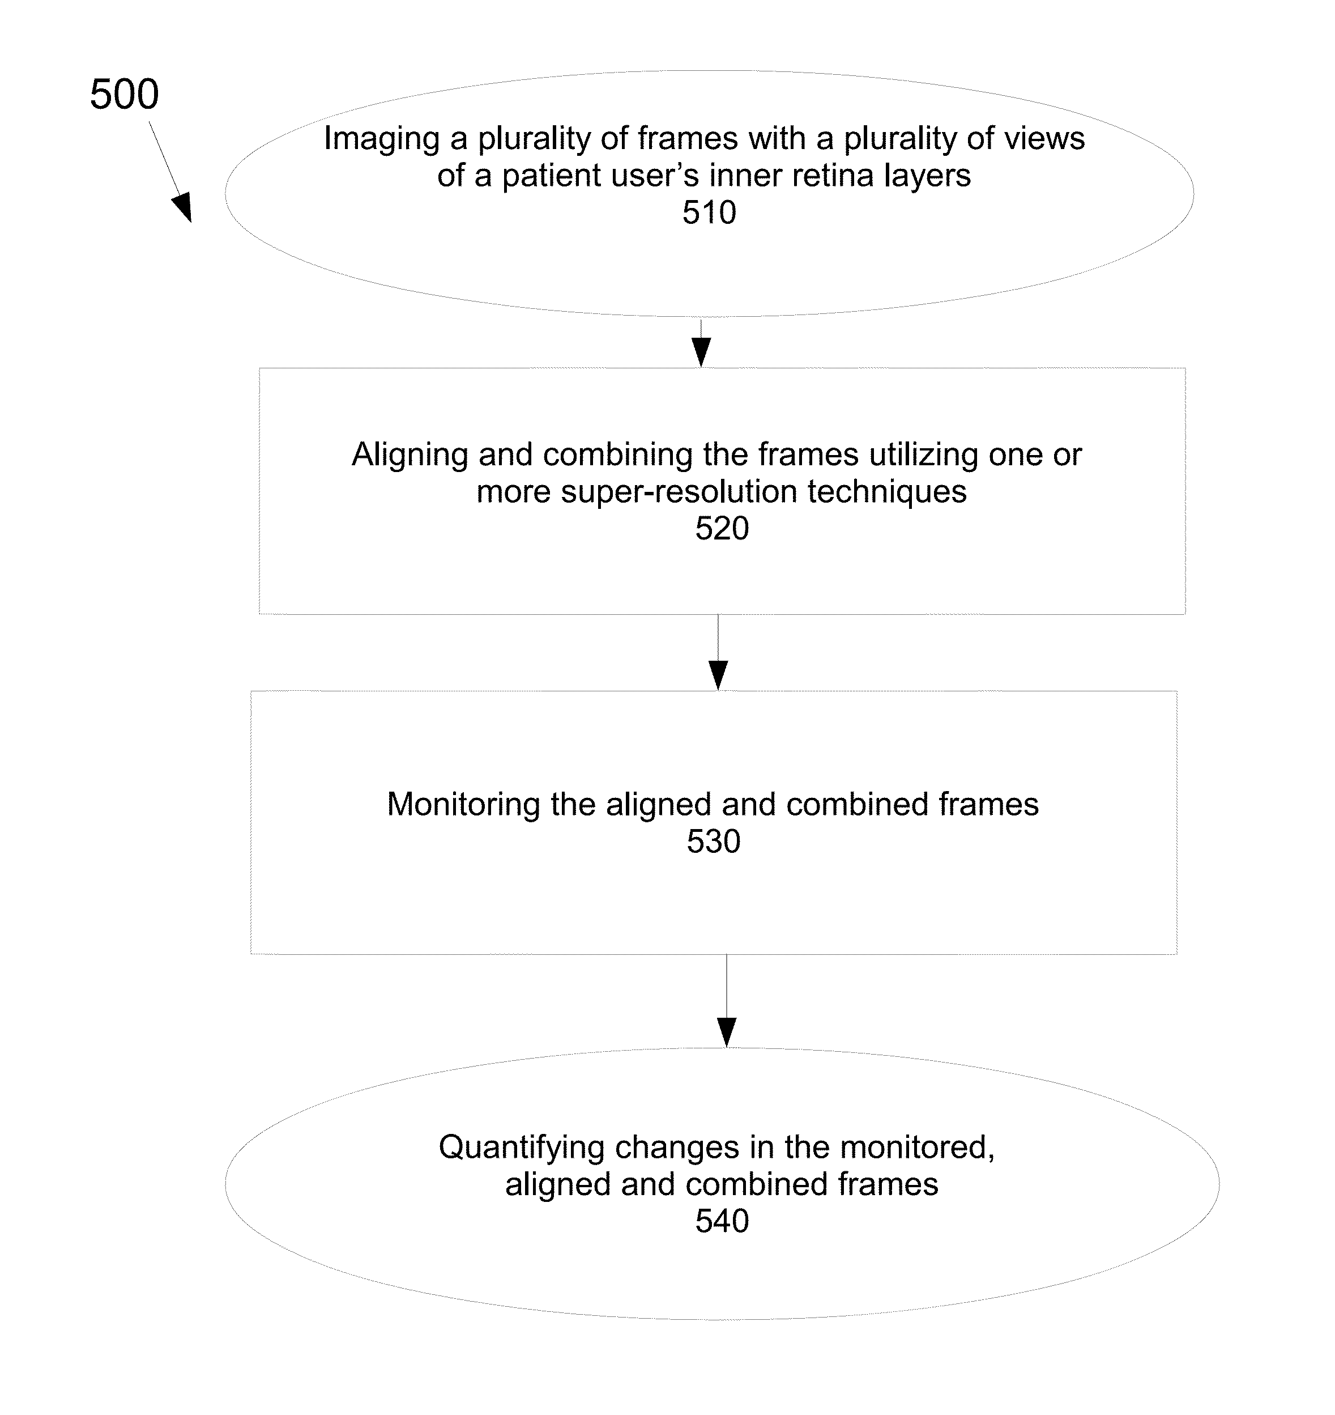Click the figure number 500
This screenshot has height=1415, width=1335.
[x=125, y=94]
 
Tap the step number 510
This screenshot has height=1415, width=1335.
[x=710, y=212]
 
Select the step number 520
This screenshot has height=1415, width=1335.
[x=722, y=528]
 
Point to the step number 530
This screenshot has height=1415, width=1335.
[x=714, y=842]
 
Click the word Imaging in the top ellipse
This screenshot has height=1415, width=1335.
[x=381, y=139]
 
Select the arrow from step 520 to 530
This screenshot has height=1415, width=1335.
[x=719, y=652]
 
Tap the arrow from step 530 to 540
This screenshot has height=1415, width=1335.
[x=727, y=1001]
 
